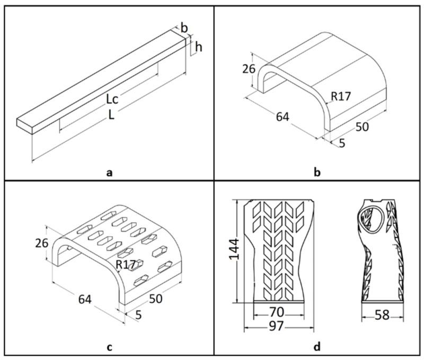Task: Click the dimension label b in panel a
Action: (184, 28)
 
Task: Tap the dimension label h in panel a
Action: (199, 47)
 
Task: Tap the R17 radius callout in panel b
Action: (341, 96)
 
